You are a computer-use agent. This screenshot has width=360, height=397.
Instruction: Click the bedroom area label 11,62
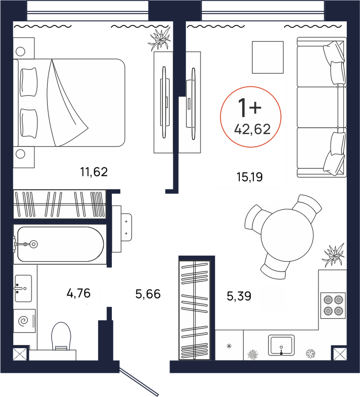[x=94, y=172]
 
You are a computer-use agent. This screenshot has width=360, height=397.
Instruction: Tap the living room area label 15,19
[x=249, y=177]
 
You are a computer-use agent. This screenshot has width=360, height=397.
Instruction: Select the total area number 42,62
[x=252, y=129]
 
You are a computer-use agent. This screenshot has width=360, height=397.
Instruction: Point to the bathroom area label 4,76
[x=79, y=294]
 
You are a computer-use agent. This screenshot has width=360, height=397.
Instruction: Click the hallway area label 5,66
[x=148, y=294]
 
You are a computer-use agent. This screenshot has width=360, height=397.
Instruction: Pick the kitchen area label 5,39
[x=239, y=296]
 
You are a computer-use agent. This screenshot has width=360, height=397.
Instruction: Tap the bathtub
[x=59, y=244]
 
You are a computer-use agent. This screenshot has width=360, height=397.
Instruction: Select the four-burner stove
[x=333, y=306]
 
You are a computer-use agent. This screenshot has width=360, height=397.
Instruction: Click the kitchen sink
[x=281, y=345]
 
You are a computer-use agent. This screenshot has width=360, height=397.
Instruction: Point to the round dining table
[x=287, y=235]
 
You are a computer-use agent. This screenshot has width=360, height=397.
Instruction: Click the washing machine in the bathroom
[x=24, y=321]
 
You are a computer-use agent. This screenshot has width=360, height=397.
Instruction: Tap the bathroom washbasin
[x=23, y=288]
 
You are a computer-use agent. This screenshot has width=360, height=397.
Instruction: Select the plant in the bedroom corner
[x=160, y=39]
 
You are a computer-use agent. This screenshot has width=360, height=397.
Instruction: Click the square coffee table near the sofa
[x=268, y=57]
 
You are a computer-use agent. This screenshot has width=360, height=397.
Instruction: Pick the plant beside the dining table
[x=333, y=255]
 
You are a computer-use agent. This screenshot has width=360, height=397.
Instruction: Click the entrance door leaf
[x=139, y=382]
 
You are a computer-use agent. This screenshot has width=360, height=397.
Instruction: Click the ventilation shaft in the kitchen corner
[x=340, y=354]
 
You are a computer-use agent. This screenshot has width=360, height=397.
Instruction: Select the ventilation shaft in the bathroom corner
[x=20, y=354]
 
